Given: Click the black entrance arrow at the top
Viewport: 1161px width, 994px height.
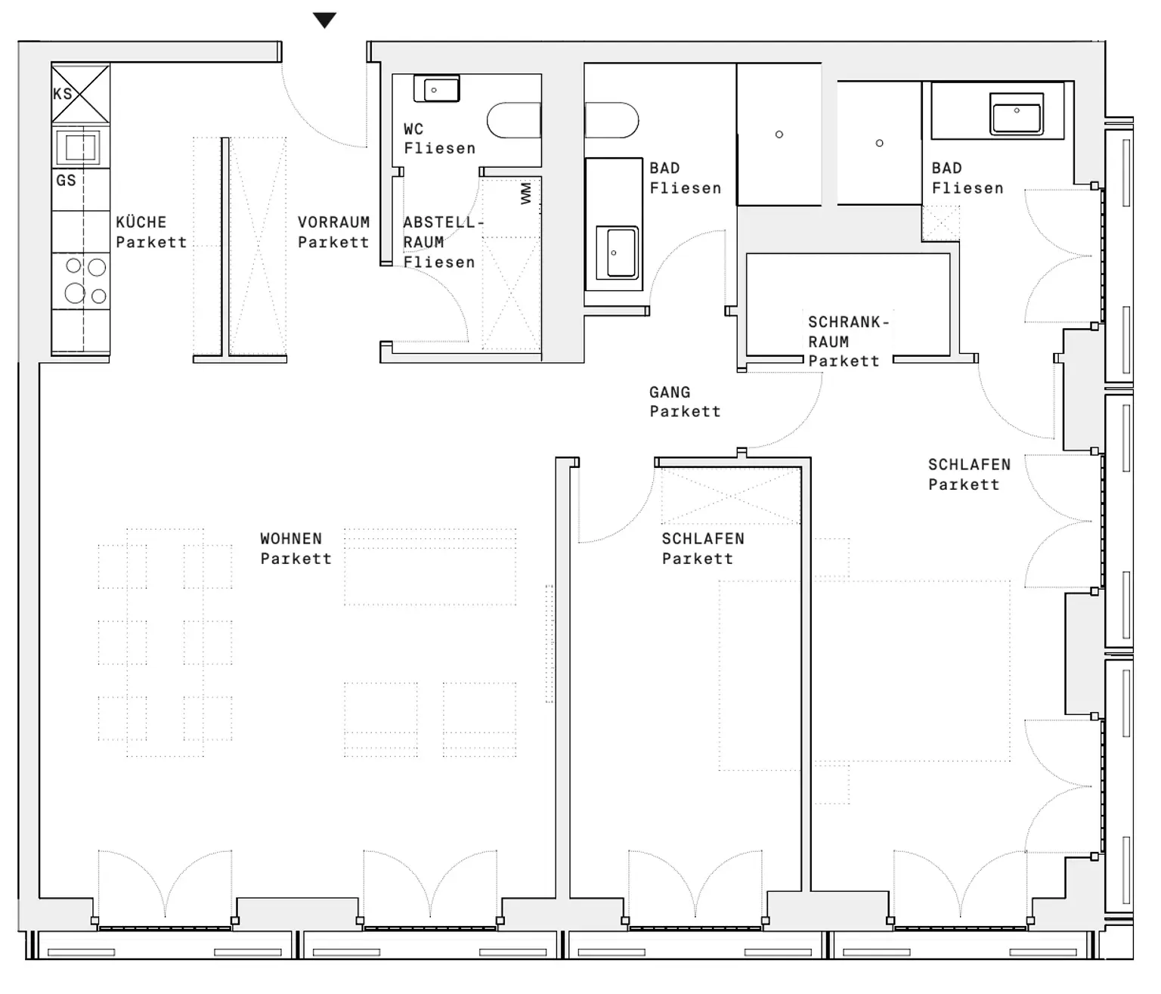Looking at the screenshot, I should coord(324,20).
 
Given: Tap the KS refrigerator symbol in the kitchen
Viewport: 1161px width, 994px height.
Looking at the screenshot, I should coord(80,94).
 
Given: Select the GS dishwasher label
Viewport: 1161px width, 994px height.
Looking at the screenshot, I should coord(66,181).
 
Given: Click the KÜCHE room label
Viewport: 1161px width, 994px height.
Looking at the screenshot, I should coord(141,222).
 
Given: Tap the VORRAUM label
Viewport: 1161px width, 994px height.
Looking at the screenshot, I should coord(333,222).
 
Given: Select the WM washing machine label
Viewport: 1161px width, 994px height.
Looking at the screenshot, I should coord(526,194).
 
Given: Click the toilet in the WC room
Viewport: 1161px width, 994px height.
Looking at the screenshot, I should coord(514,121).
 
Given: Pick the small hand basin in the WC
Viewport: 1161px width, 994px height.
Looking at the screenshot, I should coord(436,89).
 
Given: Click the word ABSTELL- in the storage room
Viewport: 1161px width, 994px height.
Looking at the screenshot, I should coord(443,223).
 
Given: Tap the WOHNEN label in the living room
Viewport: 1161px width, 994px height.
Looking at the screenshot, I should coord(291,539).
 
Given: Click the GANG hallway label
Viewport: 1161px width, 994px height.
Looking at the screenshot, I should coord(670,392).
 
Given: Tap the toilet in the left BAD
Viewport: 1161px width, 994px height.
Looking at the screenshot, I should coord(611,121).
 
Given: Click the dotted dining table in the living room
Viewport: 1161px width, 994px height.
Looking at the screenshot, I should coord(165,642).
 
